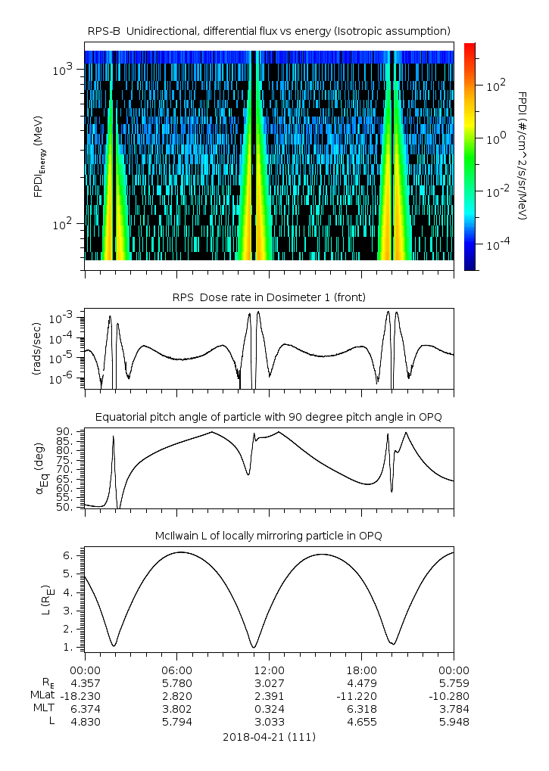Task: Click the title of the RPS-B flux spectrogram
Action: click(269, 30)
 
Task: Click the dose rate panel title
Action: click(269, 297)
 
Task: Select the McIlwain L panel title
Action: click(269, 536)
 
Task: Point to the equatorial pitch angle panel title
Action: click(269, 417)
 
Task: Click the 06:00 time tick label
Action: click(177, 670)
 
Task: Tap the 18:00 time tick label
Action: click(361, 670)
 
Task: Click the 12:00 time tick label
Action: click(269, 670)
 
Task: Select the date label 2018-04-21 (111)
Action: click(269, 736)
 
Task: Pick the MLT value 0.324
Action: click(269, 708)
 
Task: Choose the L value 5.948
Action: click(454, 721)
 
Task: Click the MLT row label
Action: click(41, 708)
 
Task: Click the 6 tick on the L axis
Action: click(67, 555)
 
